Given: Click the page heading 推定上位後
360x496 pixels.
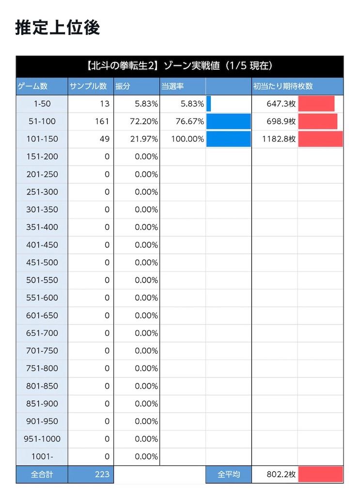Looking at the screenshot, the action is (58, 27).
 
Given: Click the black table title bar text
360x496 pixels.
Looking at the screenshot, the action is (179, 65).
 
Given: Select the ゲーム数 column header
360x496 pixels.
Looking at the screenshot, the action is (32, 86).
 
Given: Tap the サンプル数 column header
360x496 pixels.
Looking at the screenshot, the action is (88, 86).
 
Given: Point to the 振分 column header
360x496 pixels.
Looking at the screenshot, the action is (123, 86).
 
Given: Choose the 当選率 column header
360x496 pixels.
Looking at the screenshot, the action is (172, 86).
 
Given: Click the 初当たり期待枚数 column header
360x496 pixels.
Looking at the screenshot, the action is (283, 86).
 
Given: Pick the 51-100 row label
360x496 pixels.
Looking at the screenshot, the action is (42, 121).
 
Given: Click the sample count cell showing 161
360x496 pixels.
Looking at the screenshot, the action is (102, 121).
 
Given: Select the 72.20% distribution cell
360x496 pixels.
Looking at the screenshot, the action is (143, 121).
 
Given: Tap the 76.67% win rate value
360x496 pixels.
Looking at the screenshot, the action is (189, 121).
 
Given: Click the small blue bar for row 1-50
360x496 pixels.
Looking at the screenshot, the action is (208, 104).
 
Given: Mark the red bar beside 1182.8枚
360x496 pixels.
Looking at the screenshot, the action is (320, 139).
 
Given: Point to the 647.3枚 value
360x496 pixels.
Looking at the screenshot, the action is (281, 104).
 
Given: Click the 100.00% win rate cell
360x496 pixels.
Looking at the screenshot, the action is (188, 139).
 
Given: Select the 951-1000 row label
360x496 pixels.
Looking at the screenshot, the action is (42, 439).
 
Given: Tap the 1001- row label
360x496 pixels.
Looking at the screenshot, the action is (42, 456).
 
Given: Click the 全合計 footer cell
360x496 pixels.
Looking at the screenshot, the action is (42, 474).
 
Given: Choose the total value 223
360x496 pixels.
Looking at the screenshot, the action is (102, 474).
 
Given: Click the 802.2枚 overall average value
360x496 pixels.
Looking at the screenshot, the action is (281, 474).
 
